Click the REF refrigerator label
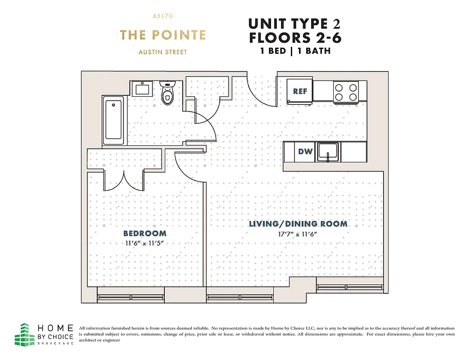(x=300, y=91)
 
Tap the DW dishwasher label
(x=305, y=152)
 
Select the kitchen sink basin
(x=328, y=151)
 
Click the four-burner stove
(x=345, y=92)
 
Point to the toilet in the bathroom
(x=167, y=93)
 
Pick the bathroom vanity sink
(x=143, y=88)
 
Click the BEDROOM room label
(x=145, y=234)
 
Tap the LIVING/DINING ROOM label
(x=298, y=224)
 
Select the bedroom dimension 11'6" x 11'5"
(x=145, y=243)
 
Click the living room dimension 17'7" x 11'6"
(x=298, y=234)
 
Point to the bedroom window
(x=131, y=297)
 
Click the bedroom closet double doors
(x=124, y=180)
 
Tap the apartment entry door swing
(x=261, y=90)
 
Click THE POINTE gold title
(x=163, y=35)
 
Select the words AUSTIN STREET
(x=163, y=52)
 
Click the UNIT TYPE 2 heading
(x=295, y=23)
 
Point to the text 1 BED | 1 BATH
(x=295, y=51)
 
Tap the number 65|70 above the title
(x=163, y=16)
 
